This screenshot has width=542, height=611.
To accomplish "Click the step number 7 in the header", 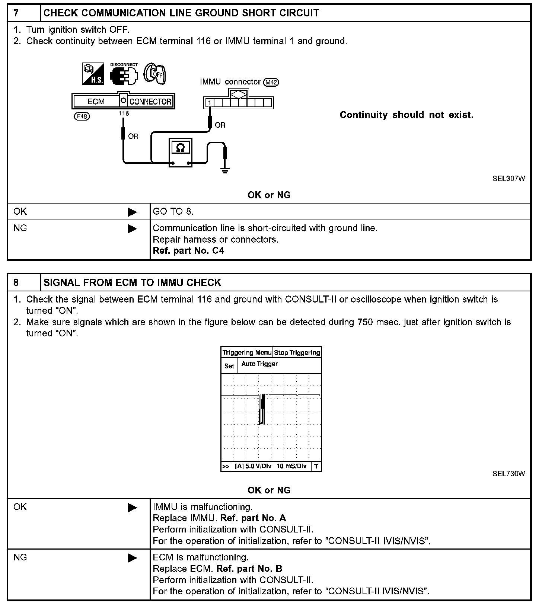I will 16,13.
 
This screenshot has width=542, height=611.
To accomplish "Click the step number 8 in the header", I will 16,283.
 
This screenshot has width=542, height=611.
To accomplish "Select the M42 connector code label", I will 271,82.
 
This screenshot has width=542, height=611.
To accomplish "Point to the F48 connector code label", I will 82,116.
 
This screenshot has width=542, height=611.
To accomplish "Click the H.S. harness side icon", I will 93,74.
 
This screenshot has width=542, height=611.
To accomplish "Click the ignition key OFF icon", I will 154,73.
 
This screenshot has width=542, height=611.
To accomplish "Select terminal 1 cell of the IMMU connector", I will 210,103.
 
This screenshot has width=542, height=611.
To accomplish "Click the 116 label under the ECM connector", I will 124,113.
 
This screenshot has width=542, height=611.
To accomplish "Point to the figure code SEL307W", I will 508,179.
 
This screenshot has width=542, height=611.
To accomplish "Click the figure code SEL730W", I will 508,474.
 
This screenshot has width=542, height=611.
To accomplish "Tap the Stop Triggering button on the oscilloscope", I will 297,353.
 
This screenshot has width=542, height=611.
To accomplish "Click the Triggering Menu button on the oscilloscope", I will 247,353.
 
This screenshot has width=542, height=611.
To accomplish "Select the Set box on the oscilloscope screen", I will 229,366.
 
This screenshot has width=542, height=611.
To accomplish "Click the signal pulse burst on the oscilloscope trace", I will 263,409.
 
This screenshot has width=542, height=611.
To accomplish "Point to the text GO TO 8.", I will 173,212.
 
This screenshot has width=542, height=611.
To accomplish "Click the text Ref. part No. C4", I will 188,251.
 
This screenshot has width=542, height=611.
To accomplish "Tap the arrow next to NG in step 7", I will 132,228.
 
